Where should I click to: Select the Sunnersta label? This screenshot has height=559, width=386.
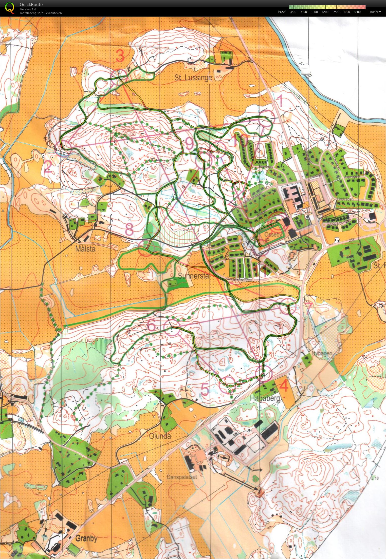click(x=193, y=276)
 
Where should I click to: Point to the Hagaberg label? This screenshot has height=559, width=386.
click(x=265, y=399)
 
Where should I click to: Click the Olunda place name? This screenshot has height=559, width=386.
click(x=160, y=436)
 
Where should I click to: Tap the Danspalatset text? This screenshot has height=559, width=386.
click(x=182, y=477)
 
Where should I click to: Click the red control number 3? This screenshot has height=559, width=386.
click(x=120, y=56)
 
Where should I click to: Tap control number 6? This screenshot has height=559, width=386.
click(x=151, y=326)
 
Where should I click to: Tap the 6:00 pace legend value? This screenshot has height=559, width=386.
click(x=325, y=12)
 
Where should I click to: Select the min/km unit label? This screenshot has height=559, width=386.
click(x=375, y=12)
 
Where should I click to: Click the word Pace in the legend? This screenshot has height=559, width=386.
click(x=281, y=12)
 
